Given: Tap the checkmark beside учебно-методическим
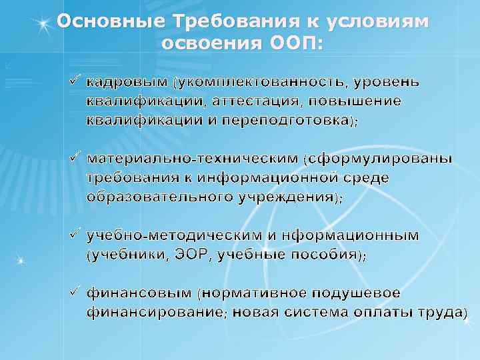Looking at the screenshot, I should point(75,235).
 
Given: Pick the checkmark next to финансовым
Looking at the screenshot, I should point(75,292).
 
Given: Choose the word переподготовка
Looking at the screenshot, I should point(294,121).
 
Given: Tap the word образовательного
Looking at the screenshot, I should point(161,197).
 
